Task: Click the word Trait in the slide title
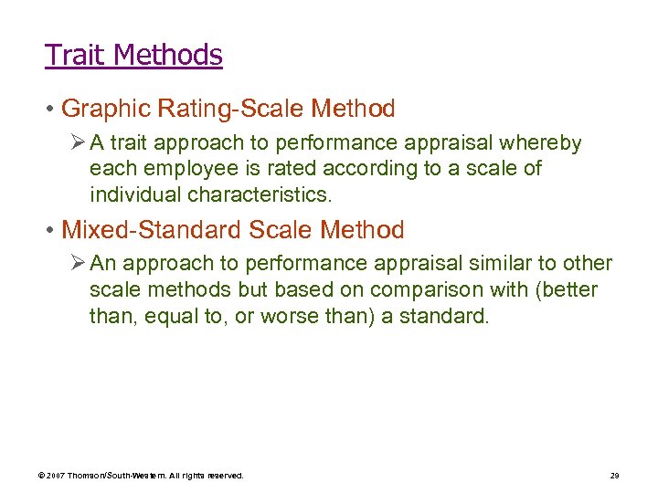tap(75, 55)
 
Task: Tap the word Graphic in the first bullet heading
tap(104, 110)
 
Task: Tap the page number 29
tap(615, 476)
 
